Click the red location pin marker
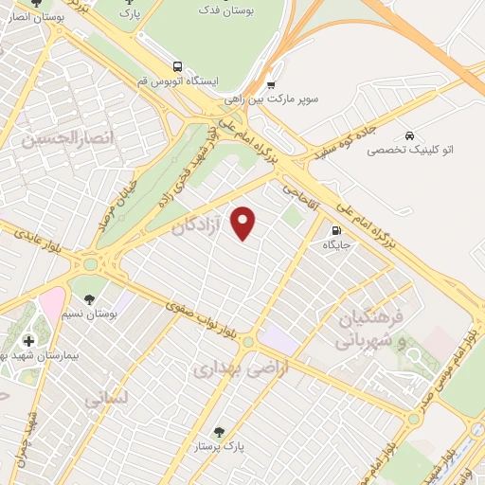pyautogui.click(x=244, y=223)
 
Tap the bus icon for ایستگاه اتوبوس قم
pyautogui.click(x=177, y=66)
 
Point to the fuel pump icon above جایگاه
pyautogui.click(x=336, y=230)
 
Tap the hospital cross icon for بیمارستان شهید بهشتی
pyautogui.click(x=27, y=340)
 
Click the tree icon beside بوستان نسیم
pyautogui.click(x=90, y=300)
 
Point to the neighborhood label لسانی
pyautogui.click(x=105, y=400)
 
